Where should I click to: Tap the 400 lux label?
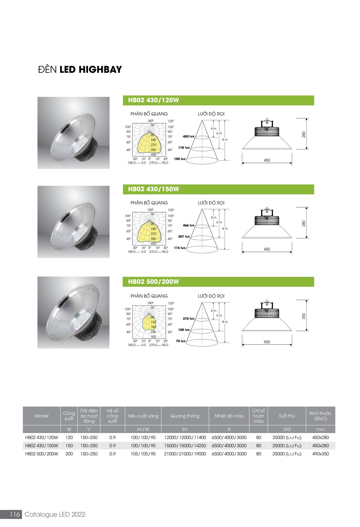click(189, 136)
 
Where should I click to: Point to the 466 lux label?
click(189, 225)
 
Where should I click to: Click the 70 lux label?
click(181, 341)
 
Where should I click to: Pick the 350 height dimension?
click(304, 316)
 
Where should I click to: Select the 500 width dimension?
click(267, 342)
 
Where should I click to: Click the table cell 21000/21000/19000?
click(185, 454)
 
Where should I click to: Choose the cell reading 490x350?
click(320, 454)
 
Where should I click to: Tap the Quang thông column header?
click(185, 416)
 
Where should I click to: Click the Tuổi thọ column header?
click(287, 416)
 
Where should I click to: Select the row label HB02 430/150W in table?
click(42, 445)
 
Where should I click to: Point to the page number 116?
click(15, 514)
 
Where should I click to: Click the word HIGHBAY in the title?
click(100, 70)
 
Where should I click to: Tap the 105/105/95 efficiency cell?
click(143, 454)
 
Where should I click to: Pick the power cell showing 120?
click(69, 438)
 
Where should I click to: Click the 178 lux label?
click(184, 148)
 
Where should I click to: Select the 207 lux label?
click(184, 237)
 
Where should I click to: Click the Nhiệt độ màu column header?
click(229, 416)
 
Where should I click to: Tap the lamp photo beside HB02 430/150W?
click(73, 222)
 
